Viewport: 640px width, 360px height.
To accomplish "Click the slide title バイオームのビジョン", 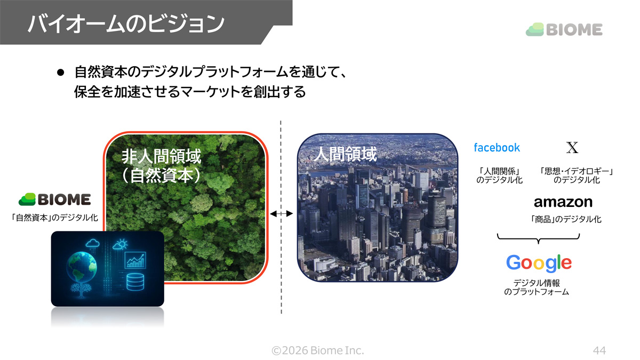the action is [126, 23].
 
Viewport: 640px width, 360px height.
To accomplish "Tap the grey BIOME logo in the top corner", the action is [564, 30].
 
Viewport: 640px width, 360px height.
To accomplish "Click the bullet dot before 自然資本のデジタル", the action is [60, 73].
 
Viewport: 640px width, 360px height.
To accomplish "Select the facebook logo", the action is [497, 148].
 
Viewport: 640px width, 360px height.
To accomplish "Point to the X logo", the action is [572, 147].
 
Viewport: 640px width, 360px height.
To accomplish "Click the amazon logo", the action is [563, 202].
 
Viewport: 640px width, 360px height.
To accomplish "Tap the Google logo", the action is [539, 263].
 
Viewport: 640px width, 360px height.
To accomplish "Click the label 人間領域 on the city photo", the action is [345, 154].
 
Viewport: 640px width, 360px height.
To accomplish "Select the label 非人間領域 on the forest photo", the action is [162, 157].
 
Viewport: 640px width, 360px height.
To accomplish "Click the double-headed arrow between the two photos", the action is [282, 213].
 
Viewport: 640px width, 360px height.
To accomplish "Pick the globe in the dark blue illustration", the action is [82, 268].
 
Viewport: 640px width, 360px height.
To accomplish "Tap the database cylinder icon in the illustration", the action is [135, 282].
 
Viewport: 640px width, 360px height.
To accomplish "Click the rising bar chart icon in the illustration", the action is [135, 260].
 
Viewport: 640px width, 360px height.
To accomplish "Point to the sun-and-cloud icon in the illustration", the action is [121, 244].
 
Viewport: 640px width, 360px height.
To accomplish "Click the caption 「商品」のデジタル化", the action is [565, 219].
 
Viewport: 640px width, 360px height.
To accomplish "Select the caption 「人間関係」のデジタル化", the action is [499, 175].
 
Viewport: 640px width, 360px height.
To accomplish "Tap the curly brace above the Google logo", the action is [538, 238].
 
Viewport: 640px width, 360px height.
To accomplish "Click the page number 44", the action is [599, 350].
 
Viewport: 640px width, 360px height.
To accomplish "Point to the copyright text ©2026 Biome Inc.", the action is [318, 350].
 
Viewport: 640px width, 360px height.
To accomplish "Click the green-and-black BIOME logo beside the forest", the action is [54, 199].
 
